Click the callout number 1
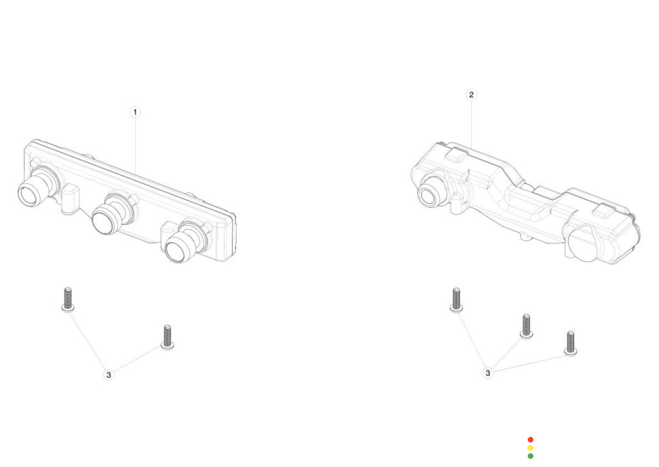point(135,112)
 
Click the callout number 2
point(471,94)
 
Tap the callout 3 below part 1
point(109,374)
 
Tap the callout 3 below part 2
point(488,373)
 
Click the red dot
point(530,439)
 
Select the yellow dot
point(530,447)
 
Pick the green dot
point(530,455)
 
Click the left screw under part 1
point(68,300)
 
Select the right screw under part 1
point(167,337)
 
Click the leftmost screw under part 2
point(456,300)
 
